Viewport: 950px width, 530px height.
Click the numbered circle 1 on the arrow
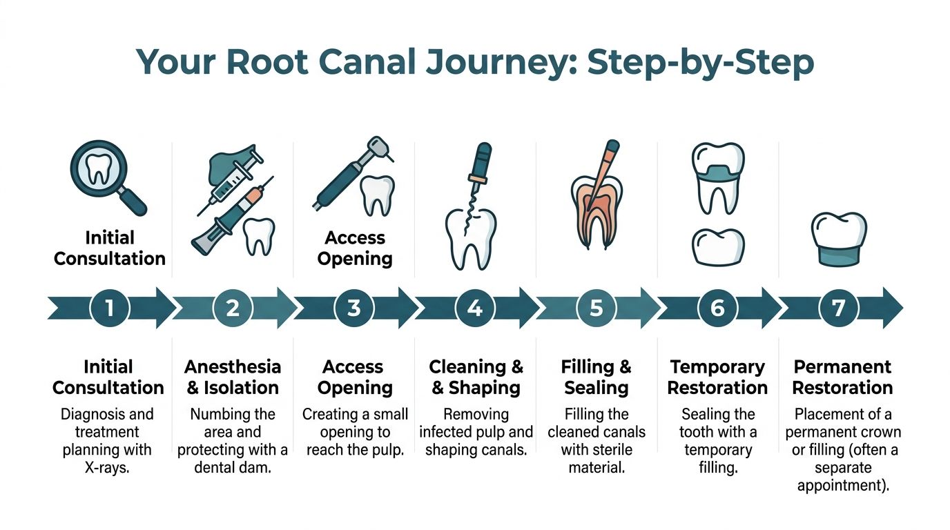click(x=110, y=308)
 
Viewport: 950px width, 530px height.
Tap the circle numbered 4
click(x=475, y=308)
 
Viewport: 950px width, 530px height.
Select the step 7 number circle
click(x=839, y=308)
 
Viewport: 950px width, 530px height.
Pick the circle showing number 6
click(x=717, y=308)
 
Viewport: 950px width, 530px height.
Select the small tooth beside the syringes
click(x=260, y=235)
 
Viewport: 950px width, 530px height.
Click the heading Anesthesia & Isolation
click(x=233, y=377)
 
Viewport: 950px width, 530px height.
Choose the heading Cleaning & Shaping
click(x=476, y=377)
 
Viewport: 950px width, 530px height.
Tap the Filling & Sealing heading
click(x=597, y=377)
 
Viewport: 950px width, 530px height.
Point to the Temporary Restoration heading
click(x=717, y=377)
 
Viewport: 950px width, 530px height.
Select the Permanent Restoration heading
click(x=842, y=377)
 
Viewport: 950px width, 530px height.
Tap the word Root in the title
click(x=264, y=62)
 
